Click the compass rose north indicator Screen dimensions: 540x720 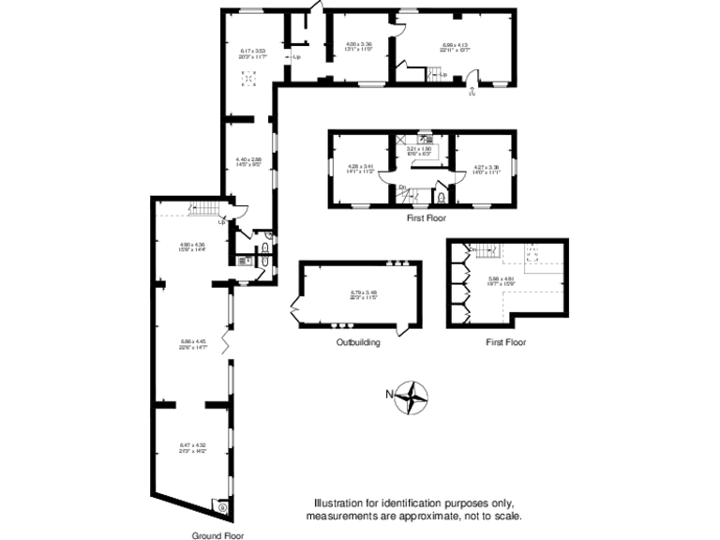[411, 397]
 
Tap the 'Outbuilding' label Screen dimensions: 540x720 [358, 343]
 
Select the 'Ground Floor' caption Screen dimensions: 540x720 [217, 535]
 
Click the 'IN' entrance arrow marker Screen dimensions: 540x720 [472, 92]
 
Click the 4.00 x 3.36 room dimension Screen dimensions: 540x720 [359, 46]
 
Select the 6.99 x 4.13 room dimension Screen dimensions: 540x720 [455, 46]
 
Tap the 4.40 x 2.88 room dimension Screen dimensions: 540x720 [248, 162]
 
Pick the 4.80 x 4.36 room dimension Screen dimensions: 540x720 [191, 247]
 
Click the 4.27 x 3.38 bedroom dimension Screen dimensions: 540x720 [486, 170]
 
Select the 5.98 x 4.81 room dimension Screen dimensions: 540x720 [502, 280]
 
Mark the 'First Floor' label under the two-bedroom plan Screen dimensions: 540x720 [426, 217]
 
